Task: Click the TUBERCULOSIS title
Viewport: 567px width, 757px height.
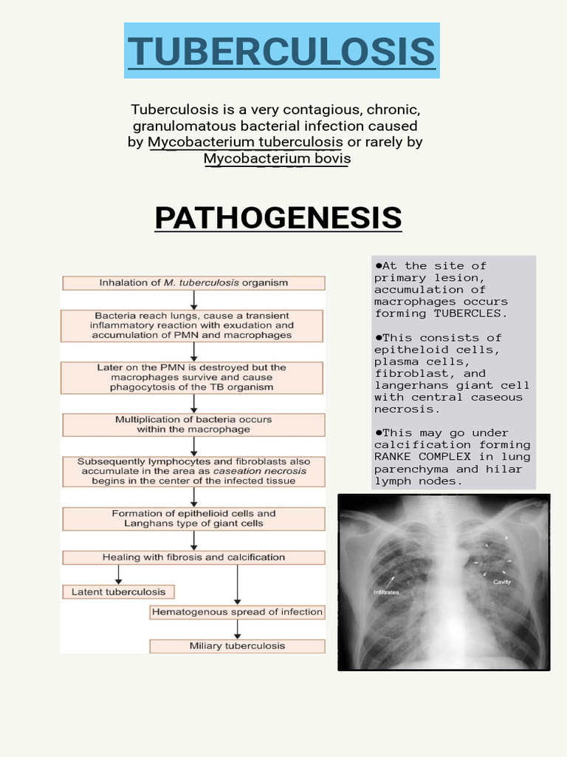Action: pos(281,51)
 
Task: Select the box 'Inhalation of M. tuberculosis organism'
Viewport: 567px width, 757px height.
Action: pos(193,282)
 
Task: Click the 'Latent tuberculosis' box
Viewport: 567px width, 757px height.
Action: pos(119,591)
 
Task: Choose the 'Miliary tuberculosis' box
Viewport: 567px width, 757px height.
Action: pos(237,645)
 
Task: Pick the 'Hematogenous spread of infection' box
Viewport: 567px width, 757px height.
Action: pos(237,611)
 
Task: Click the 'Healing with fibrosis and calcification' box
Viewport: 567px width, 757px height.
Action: pos(193,557)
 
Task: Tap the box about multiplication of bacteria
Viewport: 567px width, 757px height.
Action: pos(193,424)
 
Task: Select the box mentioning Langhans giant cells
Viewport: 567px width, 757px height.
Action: pos(193,518)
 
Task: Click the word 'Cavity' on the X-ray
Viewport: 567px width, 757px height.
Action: pos(502,582)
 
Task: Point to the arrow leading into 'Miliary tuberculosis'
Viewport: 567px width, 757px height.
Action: pos(237,629)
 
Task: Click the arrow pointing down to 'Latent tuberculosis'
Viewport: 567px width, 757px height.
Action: pos(119,574)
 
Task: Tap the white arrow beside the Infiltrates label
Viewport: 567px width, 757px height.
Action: pos(388,581)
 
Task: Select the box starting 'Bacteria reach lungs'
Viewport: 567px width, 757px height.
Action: pos(193,325)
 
